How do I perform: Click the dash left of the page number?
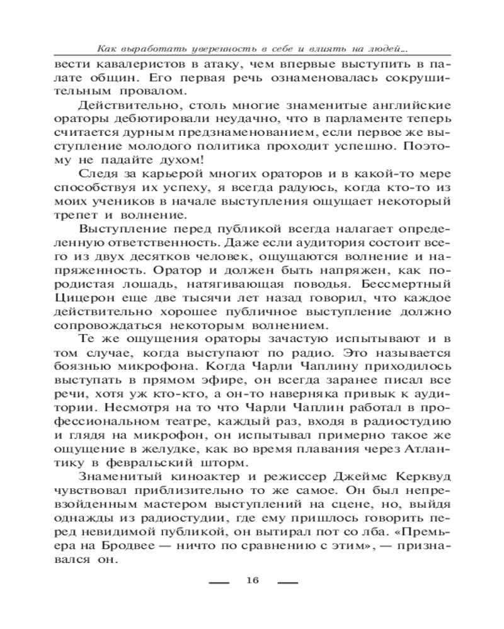(x=218, y=582)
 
